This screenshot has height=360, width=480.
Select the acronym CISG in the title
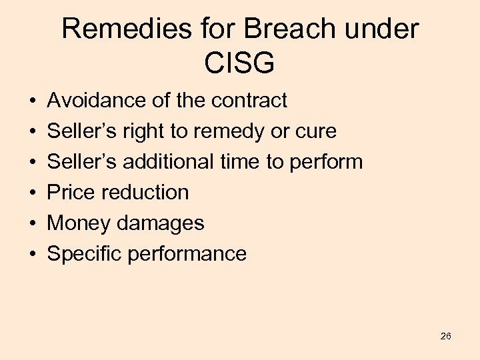coord(240,63)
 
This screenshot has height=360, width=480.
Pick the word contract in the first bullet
coord(249,101)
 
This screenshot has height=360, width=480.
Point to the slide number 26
coord(446,336)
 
